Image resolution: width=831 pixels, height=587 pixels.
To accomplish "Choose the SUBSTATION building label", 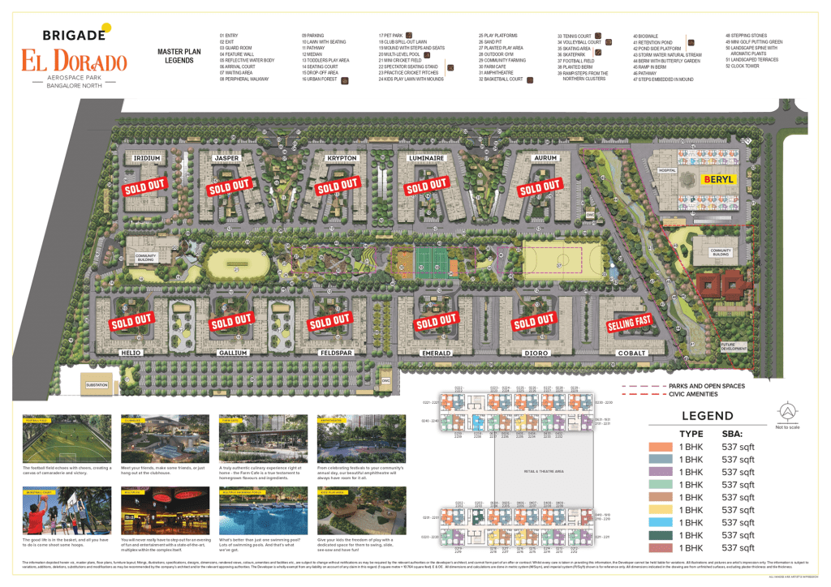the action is click(x=97, y=383).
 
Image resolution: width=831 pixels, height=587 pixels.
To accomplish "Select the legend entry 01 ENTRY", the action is click(x=230, y=36).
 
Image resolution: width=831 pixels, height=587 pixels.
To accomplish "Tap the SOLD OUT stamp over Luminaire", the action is click(x=428, y=186).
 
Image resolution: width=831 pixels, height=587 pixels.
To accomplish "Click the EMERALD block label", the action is click(x=436, y=353).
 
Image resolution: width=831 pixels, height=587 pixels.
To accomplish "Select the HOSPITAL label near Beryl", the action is click(x=667, y=171).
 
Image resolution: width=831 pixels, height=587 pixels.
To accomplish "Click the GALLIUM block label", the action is click(x=233, y=353).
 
